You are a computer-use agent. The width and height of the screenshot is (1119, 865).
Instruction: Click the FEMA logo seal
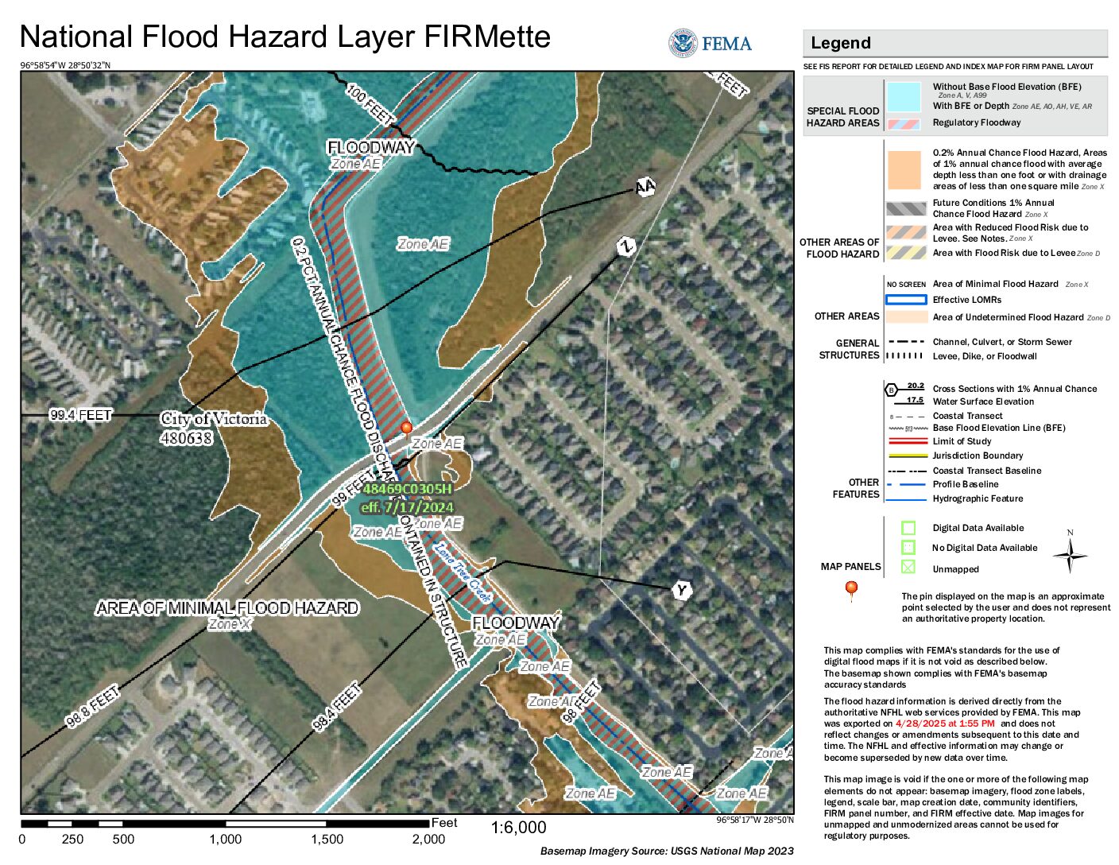[683, 43]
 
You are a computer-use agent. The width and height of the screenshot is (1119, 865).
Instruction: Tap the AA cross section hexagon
[645, 188]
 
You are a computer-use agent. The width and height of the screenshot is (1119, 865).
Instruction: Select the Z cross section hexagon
[626, 246]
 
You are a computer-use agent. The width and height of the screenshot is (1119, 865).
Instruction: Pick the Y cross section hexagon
[681, 590]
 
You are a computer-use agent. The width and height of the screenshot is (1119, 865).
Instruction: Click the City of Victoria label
[213, 419]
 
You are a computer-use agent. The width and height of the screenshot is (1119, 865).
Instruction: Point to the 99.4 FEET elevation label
[80, 415]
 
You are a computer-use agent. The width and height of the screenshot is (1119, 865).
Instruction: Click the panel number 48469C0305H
[406, 489]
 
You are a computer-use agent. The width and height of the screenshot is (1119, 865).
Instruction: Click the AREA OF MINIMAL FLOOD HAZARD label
[227, 608]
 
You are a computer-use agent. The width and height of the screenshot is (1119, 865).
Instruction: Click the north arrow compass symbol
[1070, 554]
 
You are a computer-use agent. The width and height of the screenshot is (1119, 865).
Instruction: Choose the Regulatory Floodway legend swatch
[904, 124]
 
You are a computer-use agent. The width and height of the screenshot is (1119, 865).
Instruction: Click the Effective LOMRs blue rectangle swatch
[906, 300]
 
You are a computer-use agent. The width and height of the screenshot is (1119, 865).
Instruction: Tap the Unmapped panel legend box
[908, 567]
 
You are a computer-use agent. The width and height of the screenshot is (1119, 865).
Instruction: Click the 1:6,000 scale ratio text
[518, 828]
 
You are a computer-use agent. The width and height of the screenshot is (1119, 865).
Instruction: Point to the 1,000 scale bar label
[225, 840]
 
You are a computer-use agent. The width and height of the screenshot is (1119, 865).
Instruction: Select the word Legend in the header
[840, 43]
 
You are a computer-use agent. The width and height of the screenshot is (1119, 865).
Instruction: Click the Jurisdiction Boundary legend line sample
[906, 456]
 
